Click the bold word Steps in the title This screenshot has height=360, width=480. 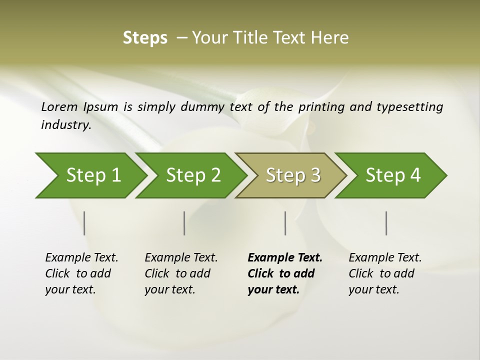tap(145, 38)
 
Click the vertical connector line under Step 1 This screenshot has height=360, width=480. tap(84, 223)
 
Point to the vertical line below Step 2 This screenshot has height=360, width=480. tap(184, 223)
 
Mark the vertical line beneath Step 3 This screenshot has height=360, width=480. tap(285, 223)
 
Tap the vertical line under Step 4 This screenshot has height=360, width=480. tap(386, 223)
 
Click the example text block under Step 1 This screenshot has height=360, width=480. tap(81, 273)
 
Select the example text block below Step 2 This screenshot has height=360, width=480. tap(181, 273)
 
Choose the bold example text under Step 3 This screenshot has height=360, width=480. tap(285, 273)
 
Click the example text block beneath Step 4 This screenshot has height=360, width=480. tap(385, 273)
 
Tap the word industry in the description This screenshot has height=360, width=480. tap(65, 125)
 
